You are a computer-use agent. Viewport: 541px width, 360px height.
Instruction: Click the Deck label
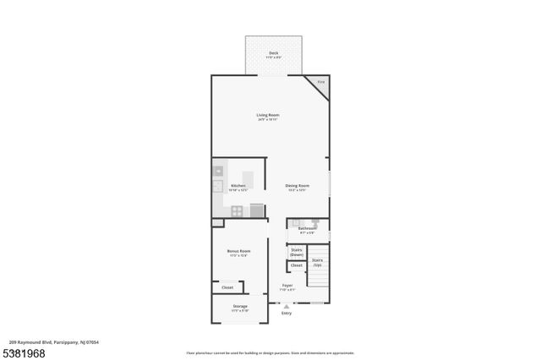273,53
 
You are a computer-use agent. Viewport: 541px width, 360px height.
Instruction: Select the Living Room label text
268,115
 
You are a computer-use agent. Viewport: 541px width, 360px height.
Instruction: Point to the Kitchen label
238,185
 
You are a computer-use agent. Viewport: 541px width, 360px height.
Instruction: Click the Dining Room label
297,185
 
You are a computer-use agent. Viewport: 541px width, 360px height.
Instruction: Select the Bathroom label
307,228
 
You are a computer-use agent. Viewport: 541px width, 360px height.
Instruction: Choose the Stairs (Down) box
297,252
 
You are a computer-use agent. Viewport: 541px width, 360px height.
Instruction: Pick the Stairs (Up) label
317,263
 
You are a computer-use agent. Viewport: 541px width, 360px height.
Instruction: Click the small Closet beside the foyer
297,266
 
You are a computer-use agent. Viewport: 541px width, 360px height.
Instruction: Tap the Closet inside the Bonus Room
227,287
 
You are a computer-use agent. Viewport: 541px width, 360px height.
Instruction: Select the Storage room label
239,307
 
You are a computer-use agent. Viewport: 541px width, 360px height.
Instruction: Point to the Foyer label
287,286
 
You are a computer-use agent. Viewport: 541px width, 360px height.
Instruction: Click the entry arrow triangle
286,306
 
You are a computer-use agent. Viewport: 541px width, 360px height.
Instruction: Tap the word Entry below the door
286,313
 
